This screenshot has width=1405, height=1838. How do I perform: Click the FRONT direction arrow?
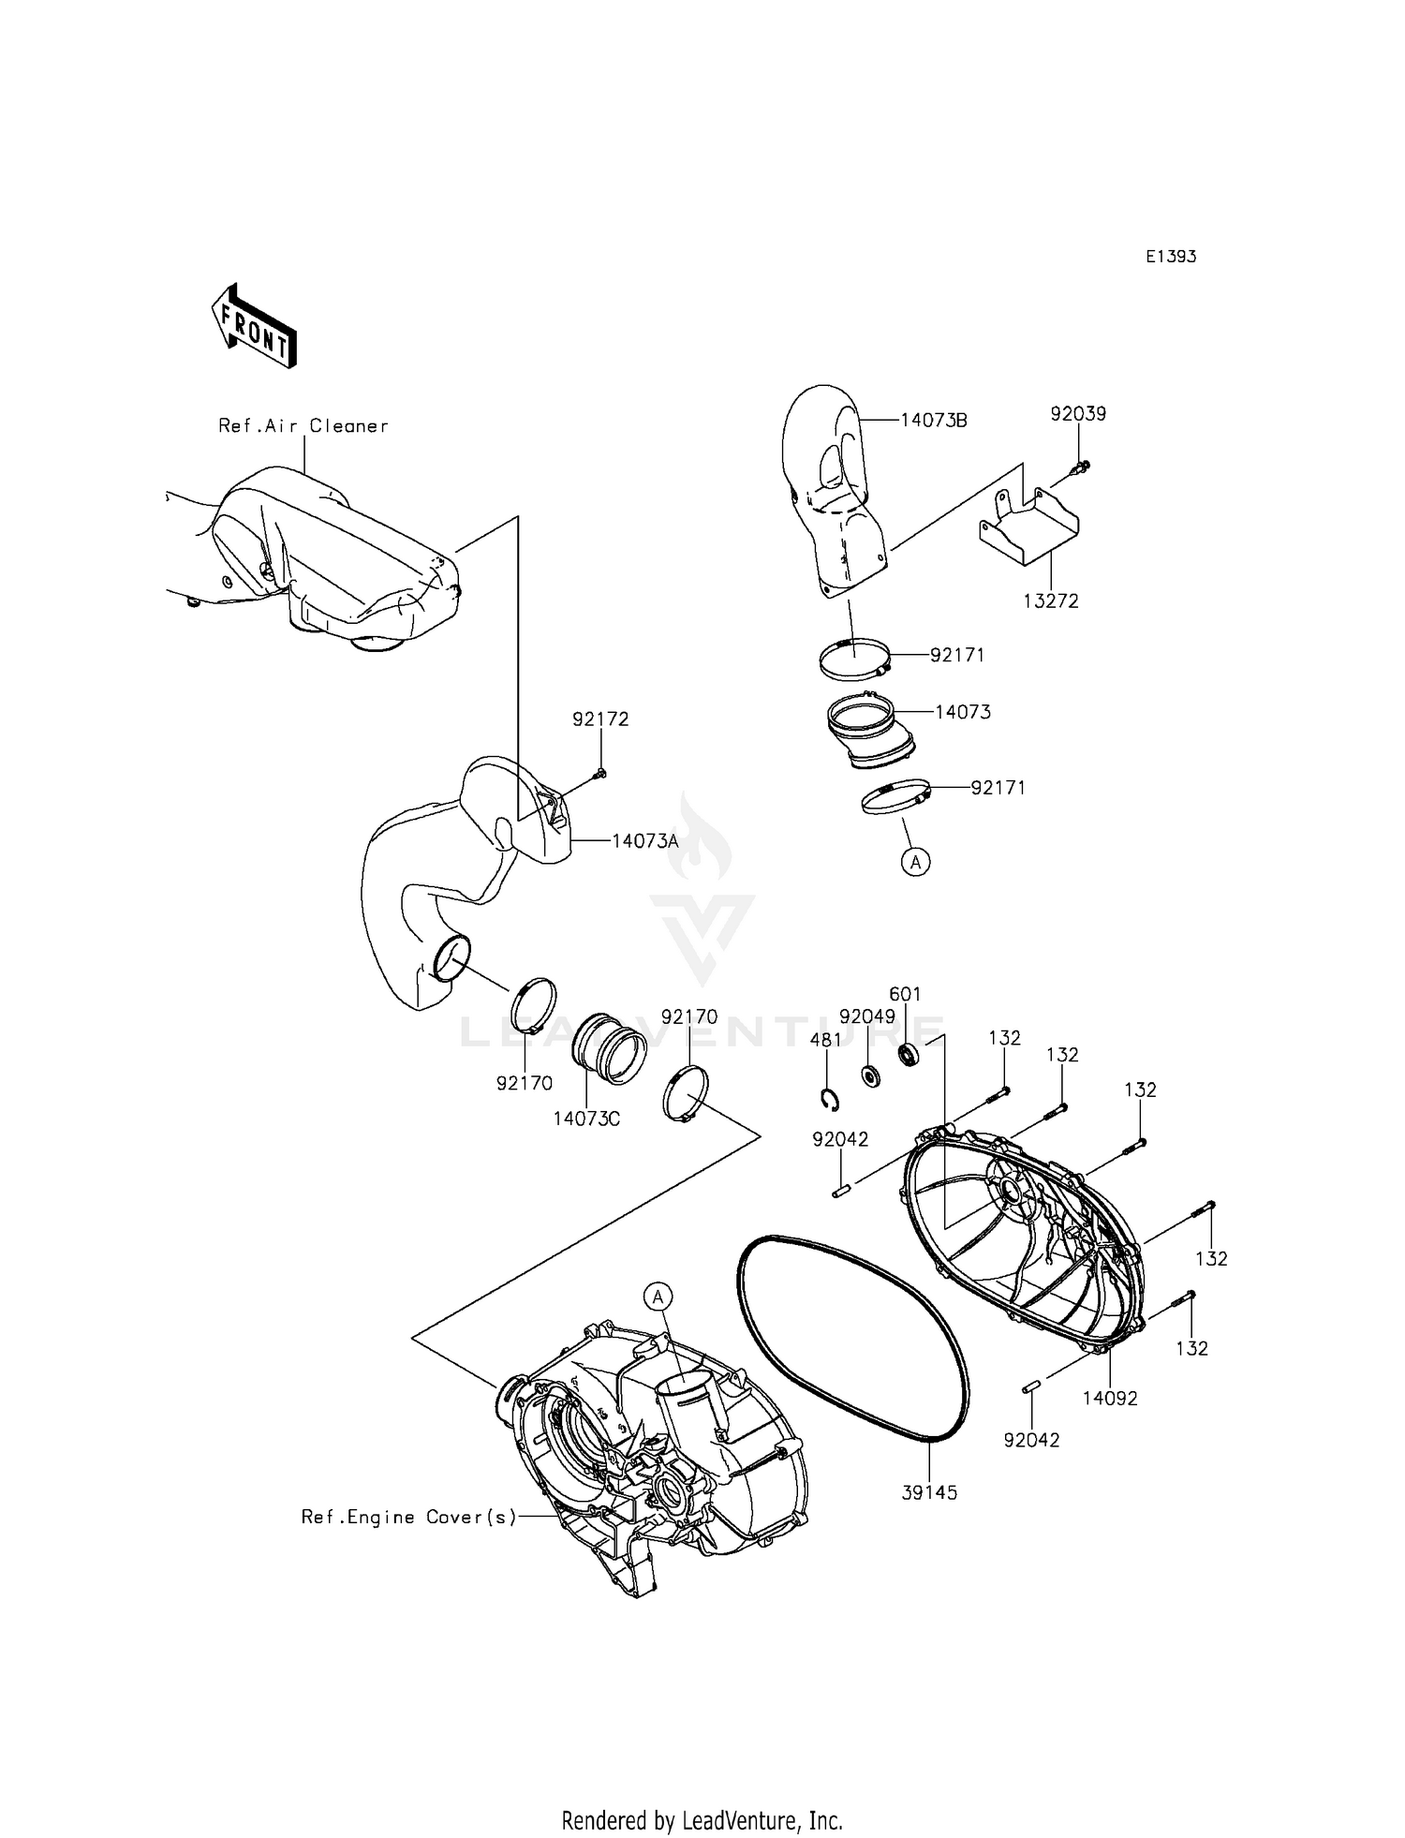254,324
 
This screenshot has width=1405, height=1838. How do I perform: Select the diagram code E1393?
1171,257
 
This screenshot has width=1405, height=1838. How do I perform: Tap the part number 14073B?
934,421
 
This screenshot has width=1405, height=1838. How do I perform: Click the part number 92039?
1078,413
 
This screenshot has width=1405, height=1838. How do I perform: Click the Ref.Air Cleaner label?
303,426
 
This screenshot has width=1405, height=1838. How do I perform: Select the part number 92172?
600,719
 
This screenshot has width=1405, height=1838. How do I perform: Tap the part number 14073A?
644,841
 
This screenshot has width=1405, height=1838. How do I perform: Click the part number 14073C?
586,1119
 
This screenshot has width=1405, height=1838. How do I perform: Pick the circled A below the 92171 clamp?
915,862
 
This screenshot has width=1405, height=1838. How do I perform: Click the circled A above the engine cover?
658,1297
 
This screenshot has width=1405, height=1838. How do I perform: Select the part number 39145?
929,1493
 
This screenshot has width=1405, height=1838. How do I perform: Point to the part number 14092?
1110,1399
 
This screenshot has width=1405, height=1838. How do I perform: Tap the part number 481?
826,1040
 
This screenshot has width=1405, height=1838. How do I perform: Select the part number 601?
905,994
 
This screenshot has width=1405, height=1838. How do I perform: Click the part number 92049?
867,1016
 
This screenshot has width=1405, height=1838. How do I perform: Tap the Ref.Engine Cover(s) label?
409,1517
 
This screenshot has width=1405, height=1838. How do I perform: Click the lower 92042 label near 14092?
1031,1440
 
